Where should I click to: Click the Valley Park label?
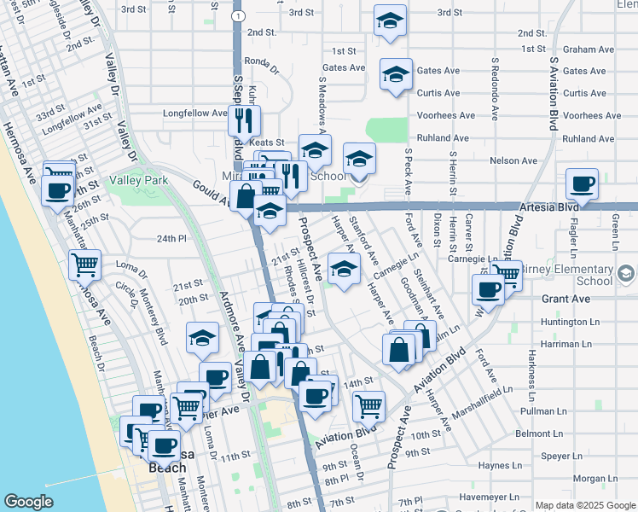pos(139,180)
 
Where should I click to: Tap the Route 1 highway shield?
pos(239,15)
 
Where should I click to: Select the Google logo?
pos(28,502)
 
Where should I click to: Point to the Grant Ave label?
pos(566,300)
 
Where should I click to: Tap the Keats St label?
pos(266,143)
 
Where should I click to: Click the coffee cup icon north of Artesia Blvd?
pos(582,183)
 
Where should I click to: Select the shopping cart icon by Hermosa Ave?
pos(84,265)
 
